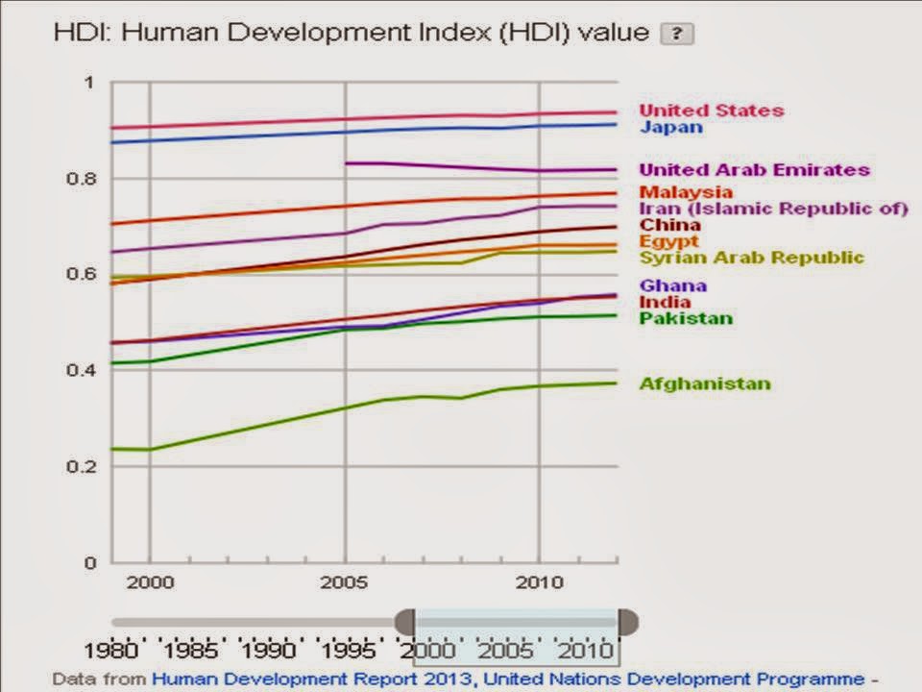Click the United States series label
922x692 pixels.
pyautogui.click(x=712, y=111)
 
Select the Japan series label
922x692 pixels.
pyautogui.click(x=671, y=127)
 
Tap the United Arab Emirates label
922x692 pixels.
pyautogui.click(x=755, y=170)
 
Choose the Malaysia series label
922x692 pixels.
pyautogui.click(x=686, y=192)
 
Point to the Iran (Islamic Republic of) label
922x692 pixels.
pyautogui.click(x=773, y=209)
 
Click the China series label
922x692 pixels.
pyautogui.click(x=670, y=225)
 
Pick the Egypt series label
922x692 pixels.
pyautogui.click(x=669, y=241)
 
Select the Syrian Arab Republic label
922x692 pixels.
pyautogui.click(x=752, y=258)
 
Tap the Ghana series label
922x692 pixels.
pyautogui.click(x=673, y=285)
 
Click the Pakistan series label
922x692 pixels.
pyautogui.click(x=686, y=318)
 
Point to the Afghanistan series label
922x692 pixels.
pyautogui.click(x=705, y=383)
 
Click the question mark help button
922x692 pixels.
pyautogui.click(x=677, y=34)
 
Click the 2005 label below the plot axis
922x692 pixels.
pyautogui.click(x=345, y=583)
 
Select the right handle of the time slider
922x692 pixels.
pyautogui.click(x=627, y=622)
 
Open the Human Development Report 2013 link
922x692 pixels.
pyautogui.click(x=312, y=680)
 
